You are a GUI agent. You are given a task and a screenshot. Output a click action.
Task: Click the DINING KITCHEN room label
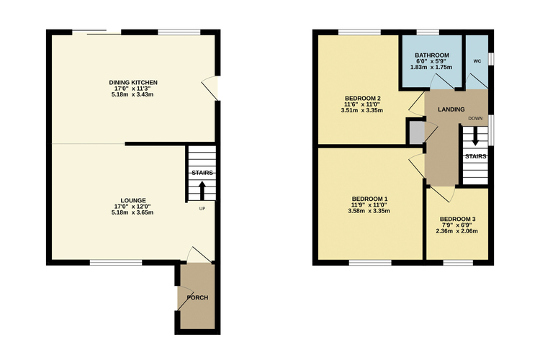pyautogui.click(x=133, y=82)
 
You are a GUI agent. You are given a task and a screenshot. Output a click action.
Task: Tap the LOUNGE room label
pyautogui.click(x=133, y=200)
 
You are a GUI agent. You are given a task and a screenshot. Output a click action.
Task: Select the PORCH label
pyautogui.click(x=197, y=297)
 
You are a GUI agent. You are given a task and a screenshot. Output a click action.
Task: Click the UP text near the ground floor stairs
pyautogui.click(x=202, y=208)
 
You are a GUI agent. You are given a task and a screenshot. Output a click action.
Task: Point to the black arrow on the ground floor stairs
pyautogui.click(x=202, y=191)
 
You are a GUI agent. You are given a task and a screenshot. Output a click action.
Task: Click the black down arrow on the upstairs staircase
pyautogui.click(x=475, y=136)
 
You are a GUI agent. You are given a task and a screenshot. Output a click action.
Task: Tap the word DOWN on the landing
pyautogui.click(x=475, y=118)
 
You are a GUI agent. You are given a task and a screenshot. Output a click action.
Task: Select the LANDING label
pyautogui.click(x=451, y=109)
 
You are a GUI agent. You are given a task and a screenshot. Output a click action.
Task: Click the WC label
pyautogui.click(x=477, y=61)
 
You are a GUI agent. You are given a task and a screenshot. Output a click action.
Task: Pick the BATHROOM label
pyautogui.click(x=432, y=55)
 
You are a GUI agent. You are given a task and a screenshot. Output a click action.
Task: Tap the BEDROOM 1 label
pyautogui.click(x=369, y=199)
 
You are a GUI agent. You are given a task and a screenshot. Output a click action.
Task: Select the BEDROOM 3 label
pyautogui.click(x=458, y=219)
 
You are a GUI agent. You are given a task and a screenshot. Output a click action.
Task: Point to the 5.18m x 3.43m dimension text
pyautogui.click(x=132, y=94)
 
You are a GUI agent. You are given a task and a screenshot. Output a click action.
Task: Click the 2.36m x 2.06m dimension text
pyautogui.click(x=456, y=231)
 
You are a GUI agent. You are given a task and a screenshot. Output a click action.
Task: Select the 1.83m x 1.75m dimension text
pyautogui.click(x=431, y=67)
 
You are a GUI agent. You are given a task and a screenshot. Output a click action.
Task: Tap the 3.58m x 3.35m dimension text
pyautogui.click(x=369, y=211)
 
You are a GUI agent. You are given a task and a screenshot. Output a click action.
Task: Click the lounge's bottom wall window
pyautogui.click(x=116, y=263)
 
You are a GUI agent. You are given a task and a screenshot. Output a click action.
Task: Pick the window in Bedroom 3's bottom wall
pyautogui.click(x=458, y=263)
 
